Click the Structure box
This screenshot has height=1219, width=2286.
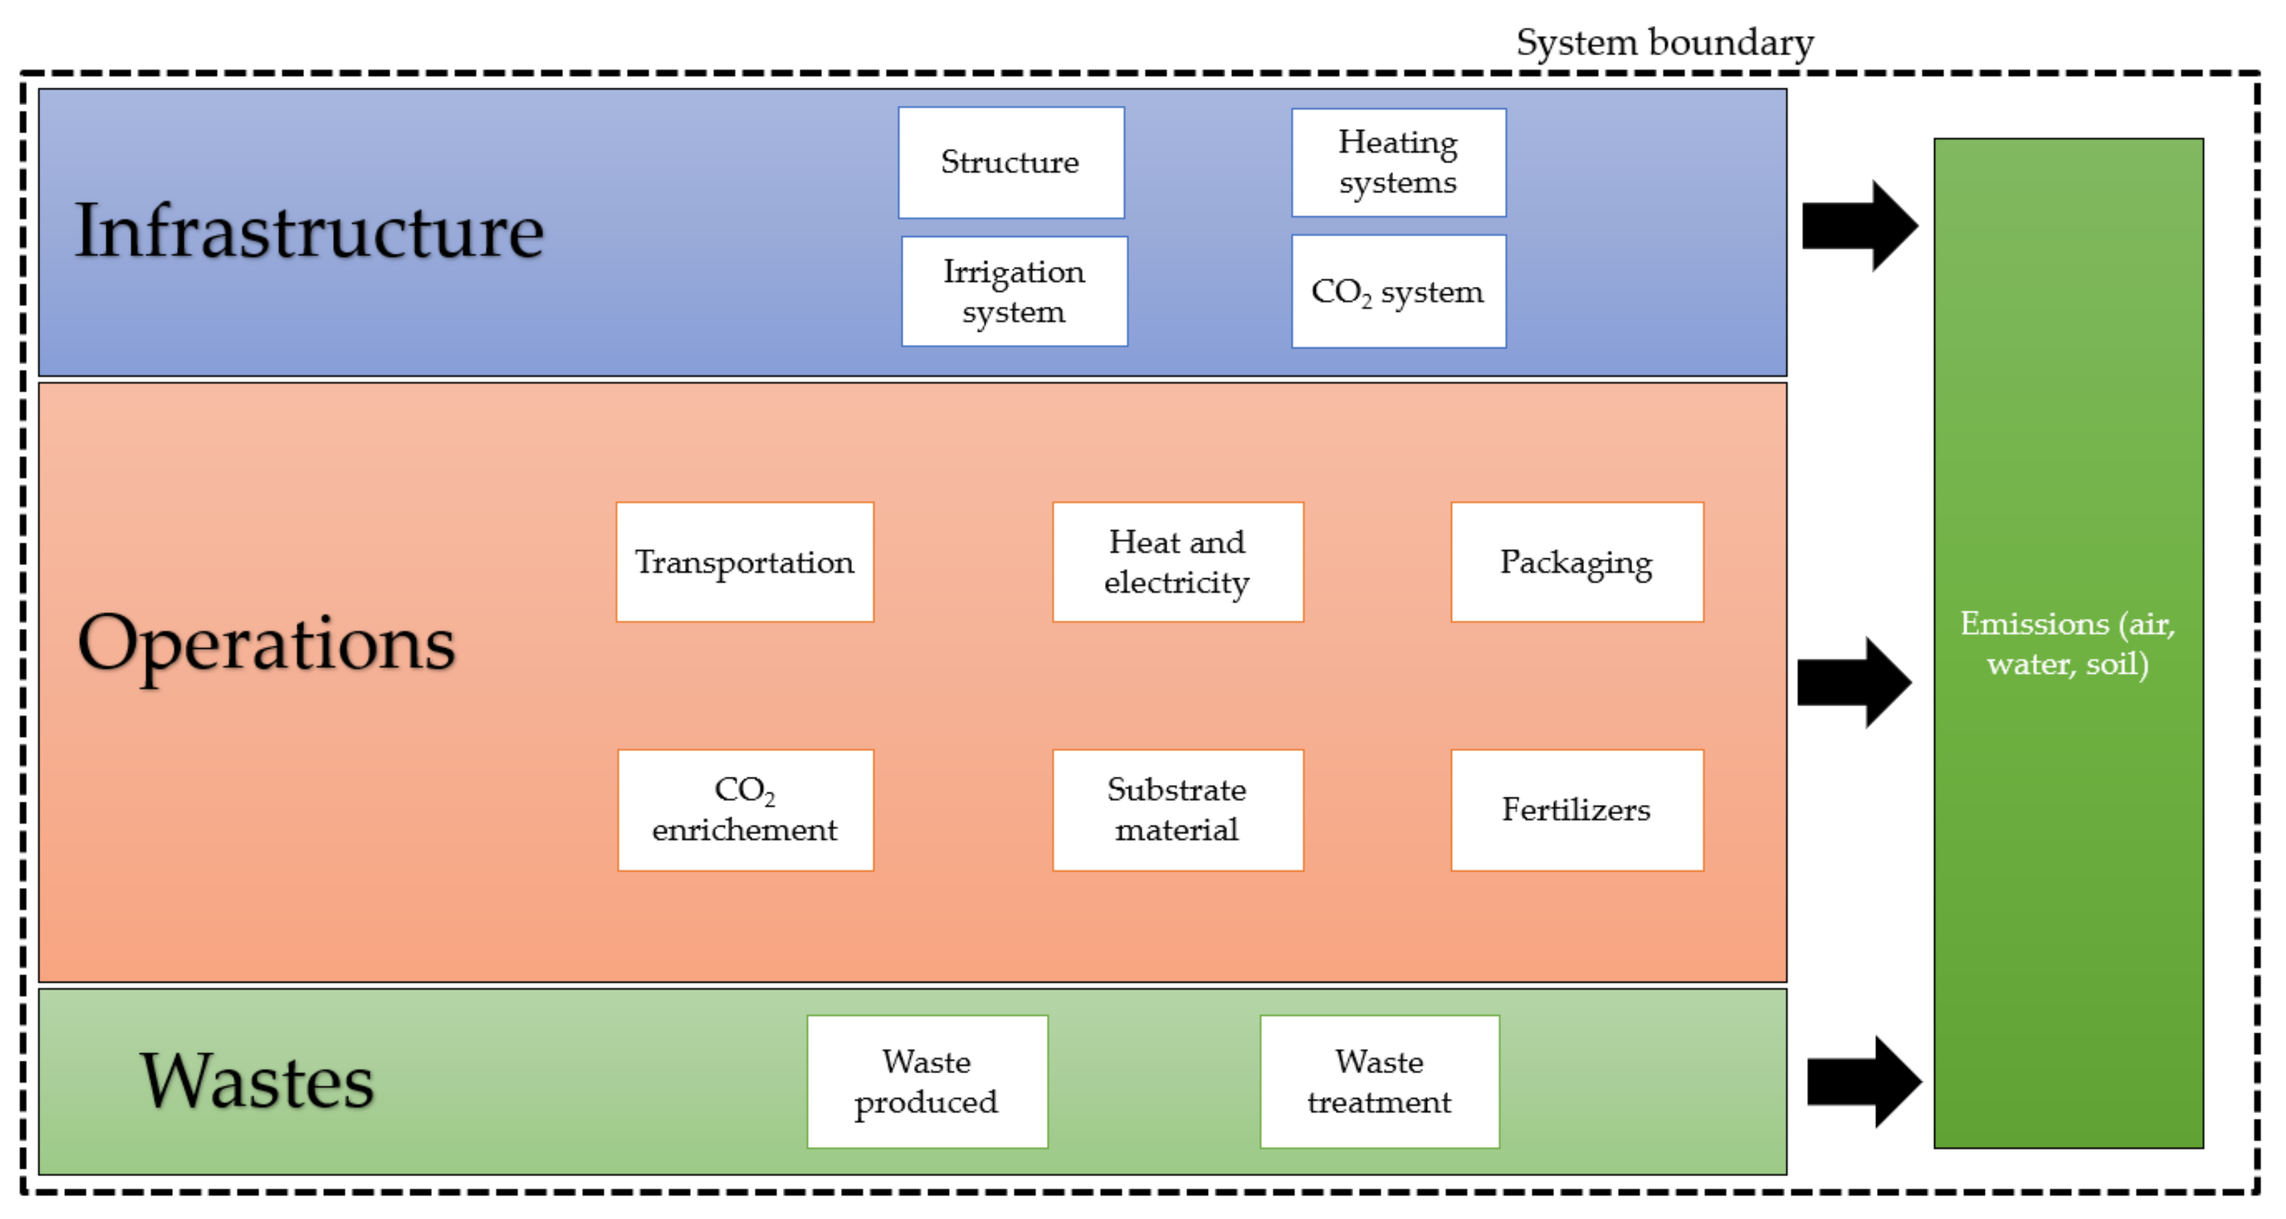[x=1011, y=162]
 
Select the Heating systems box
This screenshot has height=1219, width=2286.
[x=1398, y=162]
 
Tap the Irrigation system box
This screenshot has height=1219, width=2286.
[x=1014, y=291]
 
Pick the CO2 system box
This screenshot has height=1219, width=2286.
[x=1398, y=291]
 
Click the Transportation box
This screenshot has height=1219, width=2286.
[x=744, y=562]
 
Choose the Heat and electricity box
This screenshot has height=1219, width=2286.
[x=1177, y=562]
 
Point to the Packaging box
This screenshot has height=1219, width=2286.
[x=1576, y=562]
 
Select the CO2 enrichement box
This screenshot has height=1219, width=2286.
[x=744, y=809]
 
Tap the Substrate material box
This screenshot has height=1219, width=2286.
[x=1177, y=809]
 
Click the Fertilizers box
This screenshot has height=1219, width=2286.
[x=1576, y=809]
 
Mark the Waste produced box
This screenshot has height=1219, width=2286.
[x=927, y=1081]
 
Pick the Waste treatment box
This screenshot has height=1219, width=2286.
[x=1379, y=1081]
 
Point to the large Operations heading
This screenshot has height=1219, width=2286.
[x=266, y=645]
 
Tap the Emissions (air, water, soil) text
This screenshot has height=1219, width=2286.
[x=2067, y=643]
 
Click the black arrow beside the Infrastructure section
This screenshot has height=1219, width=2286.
[x=1859, y=225]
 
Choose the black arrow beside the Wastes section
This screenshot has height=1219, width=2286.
[x=1864, y=1081]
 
